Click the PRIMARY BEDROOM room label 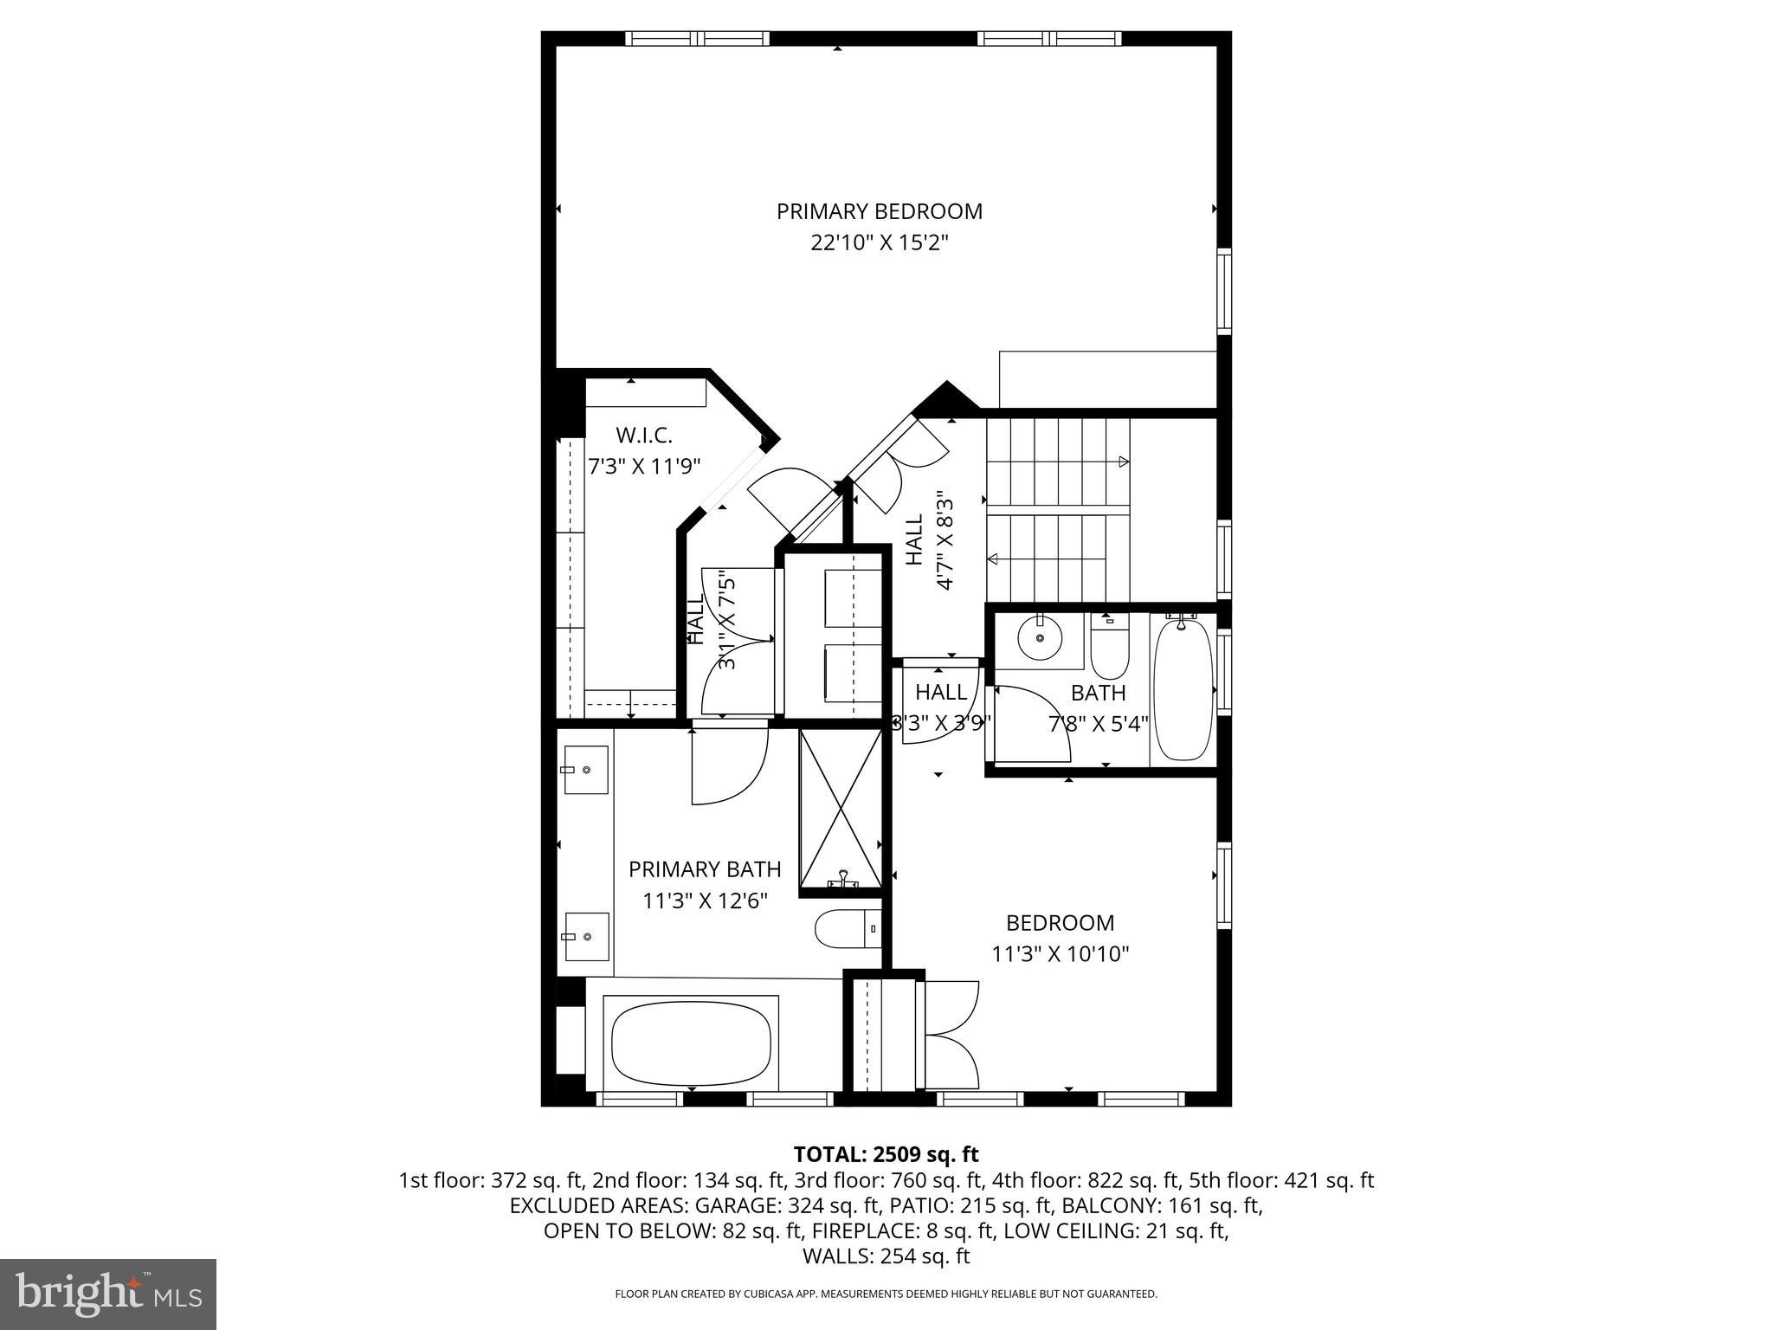879,211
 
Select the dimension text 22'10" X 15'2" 879,243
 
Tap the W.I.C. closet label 644,435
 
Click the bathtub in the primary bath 691,1043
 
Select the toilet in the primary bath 848,929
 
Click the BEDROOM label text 1060,923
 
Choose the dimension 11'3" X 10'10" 1060,954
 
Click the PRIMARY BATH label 705,869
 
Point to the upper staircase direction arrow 1124,462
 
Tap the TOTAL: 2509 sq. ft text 886,1154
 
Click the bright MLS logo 108,1295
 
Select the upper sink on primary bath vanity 586,769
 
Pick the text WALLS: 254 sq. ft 886,1256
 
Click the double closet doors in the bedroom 951,1035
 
